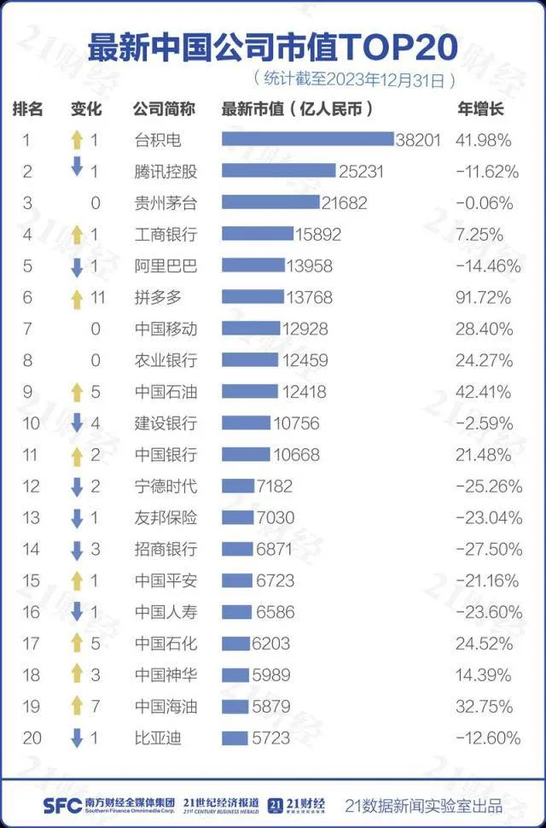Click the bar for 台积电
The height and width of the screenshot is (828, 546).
(307, 139)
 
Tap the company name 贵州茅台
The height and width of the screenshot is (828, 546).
(166, 202)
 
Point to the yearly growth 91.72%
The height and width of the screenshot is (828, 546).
(485, 297)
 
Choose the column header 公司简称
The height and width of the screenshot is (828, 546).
(164, 108)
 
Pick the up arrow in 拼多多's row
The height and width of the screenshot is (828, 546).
(77, 297)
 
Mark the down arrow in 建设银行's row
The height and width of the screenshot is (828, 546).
(77, 423)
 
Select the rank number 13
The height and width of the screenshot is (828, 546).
(32, 517)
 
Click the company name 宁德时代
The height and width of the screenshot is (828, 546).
(166, 486)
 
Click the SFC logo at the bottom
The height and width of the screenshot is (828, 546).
(61, 804)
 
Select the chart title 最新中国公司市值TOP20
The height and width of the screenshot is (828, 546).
(273, 46)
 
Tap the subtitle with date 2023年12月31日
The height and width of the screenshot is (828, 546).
(354, 79)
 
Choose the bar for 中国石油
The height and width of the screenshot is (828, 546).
(249, 392)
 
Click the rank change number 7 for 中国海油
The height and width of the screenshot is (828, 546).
(95, 706)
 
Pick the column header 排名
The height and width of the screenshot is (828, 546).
(27, 108)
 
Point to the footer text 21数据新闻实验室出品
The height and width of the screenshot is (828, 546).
(423, 804)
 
